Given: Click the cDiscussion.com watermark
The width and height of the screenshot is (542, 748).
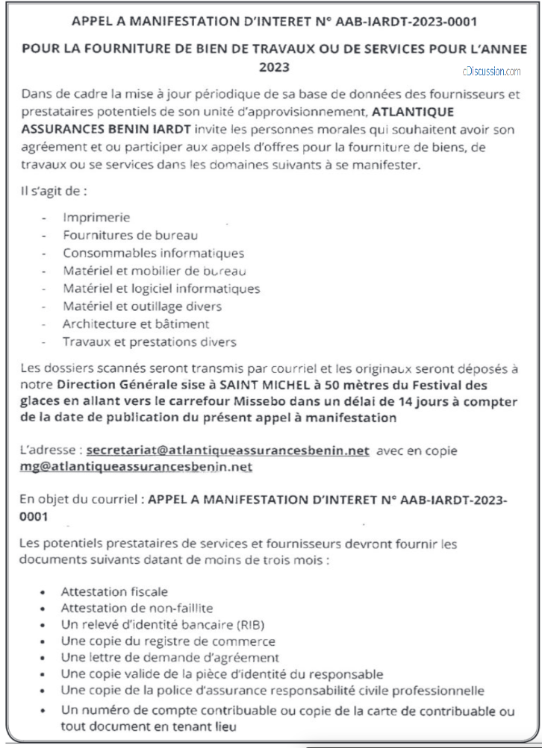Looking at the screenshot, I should point(491,71).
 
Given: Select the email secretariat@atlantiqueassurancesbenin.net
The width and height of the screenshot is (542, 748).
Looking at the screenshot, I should point(228,450).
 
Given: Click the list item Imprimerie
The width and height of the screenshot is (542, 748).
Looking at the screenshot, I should point(96,217).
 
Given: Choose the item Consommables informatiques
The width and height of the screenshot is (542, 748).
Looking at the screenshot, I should point(153,253).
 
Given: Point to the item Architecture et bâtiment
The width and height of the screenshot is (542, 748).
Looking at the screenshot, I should point(136,324).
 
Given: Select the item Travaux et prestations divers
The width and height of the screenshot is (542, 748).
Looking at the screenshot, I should point(149,342).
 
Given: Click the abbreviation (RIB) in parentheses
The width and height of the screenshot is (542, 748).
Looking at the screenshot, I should point(249,624).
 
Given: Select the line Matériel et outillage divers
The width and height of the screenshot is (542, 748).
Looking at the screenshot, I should point(142,307).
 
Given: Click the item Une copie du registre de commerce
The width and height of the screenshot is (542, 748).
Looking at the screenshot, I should point(168,641).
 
